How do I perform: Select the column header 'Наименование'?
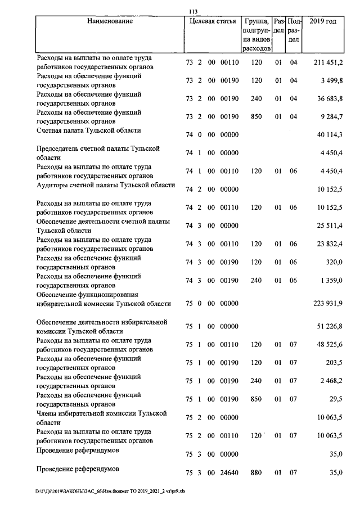coord(110,21)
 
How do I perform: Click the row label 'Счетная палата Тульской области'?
coord(88,130)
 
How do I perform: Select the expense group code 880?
coord(256,473)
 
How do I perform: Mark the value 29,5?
coord(336,399)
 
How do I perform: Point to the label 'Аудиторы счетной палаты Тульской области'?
coord(106,185)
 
